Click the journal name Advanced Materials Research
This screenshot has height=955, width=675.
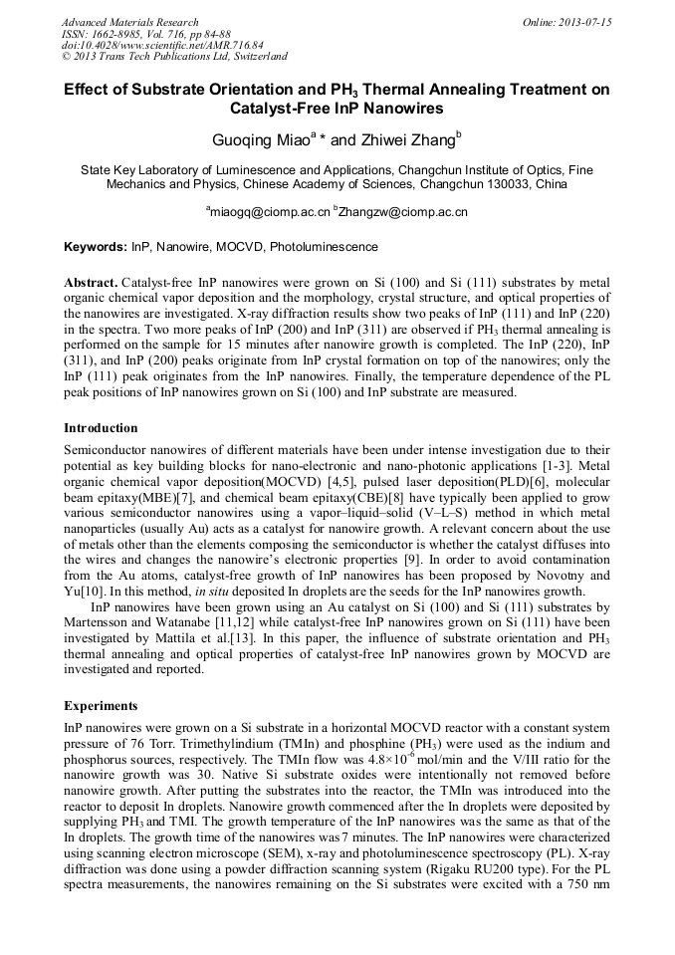(x=130, y=22)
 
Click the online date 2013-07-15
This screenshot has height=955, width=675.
(x=582, y=22)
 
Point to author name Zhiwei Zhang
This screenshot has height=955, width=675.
(x=404, y=139)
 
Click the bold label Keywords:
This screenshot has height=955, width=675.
(x=96, y=246)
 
